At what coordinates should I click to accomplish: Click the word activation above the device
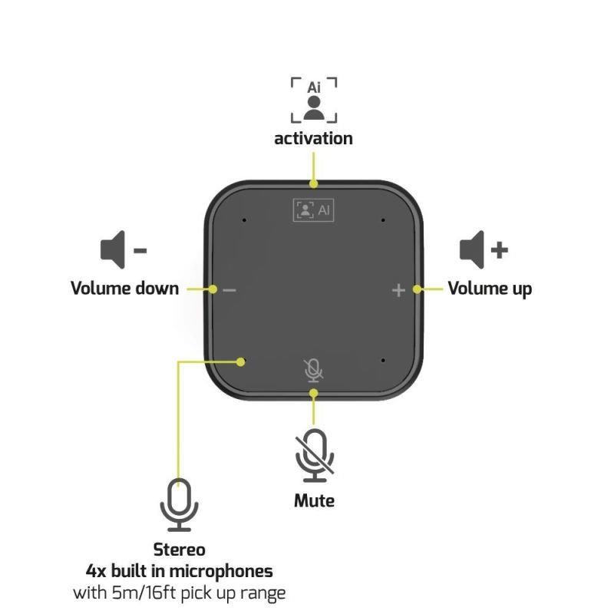pyautogui.click(x=313, y=139)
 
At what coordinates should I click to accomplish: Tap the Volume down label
pyautogui.click(x=125, y=289)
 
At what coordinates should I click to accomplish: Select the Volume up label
pyautogui.click(x=490, y=289)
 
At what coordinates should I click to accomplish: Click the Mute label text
pyautogui.click(x=314, y=501)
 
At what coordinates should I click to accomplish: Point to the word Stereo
pyautogui.click(x=180, y=550)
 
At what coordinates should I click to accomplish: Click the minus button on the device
pyautogui.click(x=229, y=290)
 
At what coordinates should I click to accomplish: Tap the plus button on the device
pyautogui.click(x=398, y=290)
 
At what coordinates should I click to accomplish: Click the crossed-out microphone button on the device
pyautogui.click(x=314, y=371)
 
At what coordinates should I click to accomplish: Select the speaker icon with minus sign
pyautogui.click(x=124, y=250)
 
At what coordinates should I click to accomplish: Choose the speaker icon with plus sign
pyautogui.click(x=484, y=250)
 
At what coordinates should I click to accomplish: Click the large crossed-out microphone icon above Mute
pyautogui.click(x=315, y=455)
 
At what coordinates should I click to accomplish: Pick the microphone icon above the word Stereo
pyautogui.click(x=180, y=505)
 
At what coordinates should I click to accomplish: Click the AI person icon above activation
pyautogui.click(x=314, y=101)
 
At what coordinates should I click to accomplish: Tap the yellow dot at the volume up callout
pyautogui.click(x=418, y=289)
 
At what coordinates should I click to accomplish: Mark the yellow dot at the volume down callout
pyautogui.click(x=213, y=289)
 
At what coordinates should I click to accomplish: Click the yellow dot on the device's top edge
pyautogui.click(x=313, y=183)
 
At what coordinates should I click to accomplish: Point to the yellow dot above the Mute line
pyautogui.click(x=313, y=393)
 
